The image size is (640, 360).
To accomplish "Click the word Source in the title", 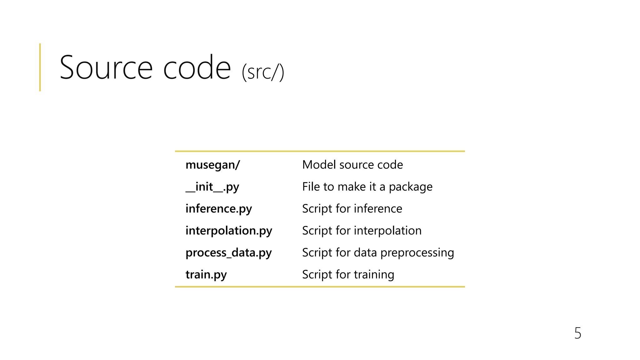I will click(x=106, y=67).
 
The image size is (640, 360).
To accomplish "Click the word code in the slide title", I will click(x=197, y=67).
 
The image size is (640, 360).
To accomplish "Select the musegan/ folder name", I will click(x=212, y=165).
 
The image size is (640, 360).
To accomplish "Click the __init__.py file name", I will click(x=212, y=187).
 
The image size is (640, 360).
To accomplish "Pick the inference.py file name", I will click(x=218, y=209).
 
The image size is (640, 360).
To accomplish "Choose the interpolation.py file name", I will click(x=229, y=231).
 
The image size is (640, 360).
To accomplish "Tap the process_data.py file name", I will click(x=228, y=252).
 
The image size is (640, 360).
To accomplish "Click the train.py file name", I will click(x=206, y=274).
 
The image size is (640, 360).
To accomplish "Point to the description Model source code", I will click(x=352, y=165).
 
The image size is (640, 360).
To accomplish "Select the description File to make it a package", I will click(x=367, y=187).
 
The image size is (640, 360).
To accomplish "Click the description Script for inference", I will click(x=352, y=209).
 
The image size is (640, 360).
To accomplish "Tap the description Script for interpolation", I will click(x=362, y=231).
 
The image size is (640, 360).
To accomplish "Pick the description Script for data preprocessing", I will click(x=378, y=252).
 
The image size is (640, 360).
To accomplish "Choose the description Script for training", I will click(x=348, y=274).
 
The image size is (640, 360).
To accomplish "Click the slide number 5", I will click(x=577, y=333).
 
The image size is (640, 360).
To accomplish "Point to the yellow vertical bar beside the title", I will click(x=40, y=67).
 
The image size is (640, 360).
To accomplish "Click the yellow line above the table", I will click(x=320, y=151).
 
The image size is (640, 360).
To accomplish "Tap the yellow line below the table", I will click(x=320, y=287).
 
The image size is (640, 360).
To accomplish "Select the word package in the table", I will click(x=411, y=187).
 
